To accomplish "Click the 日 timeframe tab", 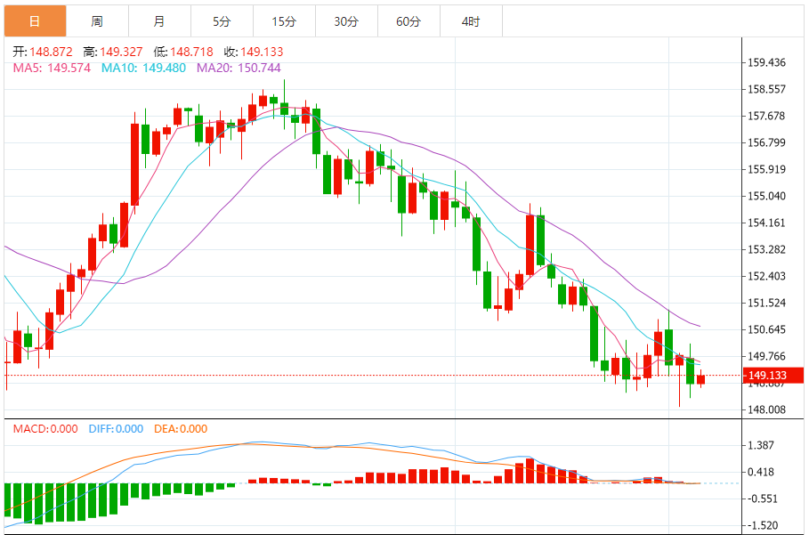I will click(x=35, y=21).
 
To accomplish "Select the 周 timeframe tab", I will click(x=97, y=21).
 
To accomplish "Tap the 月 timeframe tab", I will click(x=159, y=21).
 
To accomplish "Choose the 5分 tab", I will click(x=222, y=21).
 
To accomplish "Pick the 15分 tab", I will click(x=284, y=21).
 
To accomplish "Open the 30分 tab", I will click(x=346, y=21).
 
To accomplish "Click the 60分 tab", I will click(x=409, y=21).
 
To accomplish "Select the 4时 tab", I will click(x=471, y=21).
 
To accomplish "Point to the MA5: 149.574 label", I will click(x=52, y=67).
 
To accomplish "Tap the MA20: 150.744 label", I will click(x=239, y=67).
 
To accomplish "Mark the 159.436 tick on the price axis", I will click(x=766, y=62).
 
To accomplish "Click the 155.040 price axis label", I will click(x=766, y=196).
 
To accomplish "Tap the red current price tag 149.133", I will click(x=773, y=376).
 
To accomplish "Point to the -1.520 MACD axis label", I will click(x=763, y=525).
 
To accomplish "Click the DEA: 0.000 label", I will click(x=181, y=428).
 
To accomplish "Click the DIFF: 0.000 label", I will click(x=116, y=428).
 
